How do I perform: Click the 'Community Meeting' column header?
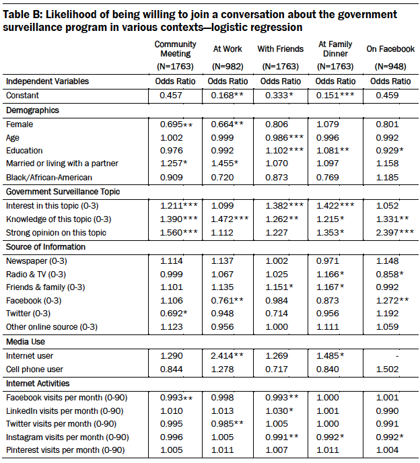tap(175, 49)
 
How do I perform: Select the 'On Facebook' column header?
tap(390, 49)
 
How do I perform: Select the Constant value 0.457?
tap(172, 95)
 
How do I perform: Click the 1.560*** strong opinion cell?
tap(175, 233)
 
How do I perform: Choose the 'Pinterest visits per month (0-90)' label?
tap(66, 450)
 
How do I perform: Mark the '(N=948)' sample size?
tap(390, 67)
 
